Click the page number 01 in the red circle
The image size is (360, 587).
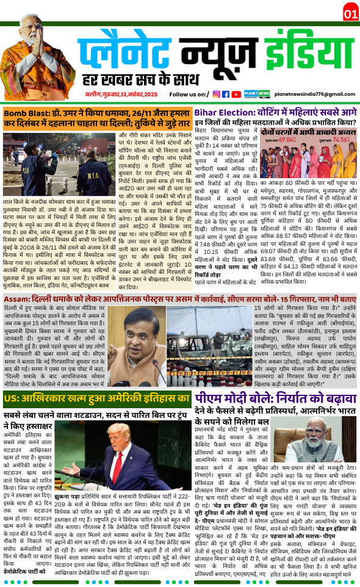coord(350,13)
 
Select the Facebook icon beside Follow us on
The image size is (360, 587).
coord(226,94)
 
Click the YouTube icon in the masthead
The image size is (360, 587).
coord(236,94)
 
